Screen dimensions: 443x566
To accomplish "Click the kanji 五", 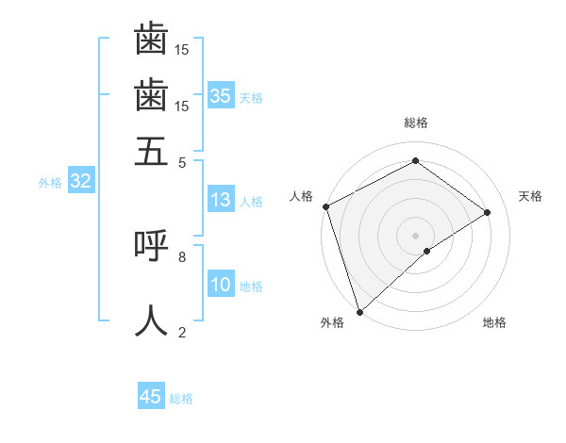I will click(151, 151).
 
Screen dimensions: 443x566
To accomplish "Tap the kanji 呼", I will click(151, 244).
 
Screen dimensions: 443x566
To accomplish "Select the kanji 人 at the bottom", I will click(151, 320).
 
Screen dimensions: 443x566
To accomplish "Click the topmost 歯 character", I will click(151, 40).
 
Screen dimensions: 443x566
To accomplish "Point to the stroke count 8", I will click(182, 255).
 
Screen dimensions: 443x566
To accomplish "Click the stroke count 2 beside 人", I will click(182, 332).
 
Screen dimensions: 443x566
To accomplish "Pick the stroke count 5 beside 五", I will click(182, 162).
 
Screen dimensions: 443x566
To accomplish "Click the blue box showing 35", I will click(221, 95).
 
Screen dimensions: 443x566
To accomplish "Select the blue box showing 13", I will click(221, 200).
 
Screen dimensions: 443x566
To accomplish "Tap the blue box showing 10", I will click(221, 286).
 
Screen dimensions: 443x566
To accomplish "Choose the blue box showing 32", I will click(80, 181).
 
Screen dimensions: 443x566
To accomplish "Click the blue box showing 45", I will click(151, 397).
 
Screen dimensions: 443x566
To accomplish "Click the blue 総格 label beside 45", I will click(182, 399).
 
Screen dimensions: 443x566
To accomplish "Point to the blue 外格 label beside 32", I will click(50, 183).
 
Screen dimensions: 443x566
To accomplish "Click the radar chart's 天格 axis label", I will click(530, 196).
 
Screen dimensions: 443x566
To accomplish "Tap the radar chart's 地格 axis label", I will click(494, 322).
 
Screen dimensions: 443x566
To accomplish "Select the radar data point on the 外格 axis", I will click(359, 311).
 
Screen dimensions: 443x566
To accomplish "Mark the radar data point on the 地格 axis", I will click(427, 251).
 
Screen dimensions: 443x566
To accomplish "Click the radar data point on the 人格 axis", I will click(325, 206).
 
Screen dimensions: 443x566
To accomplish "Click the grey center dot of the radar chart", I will click(415, 235).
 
